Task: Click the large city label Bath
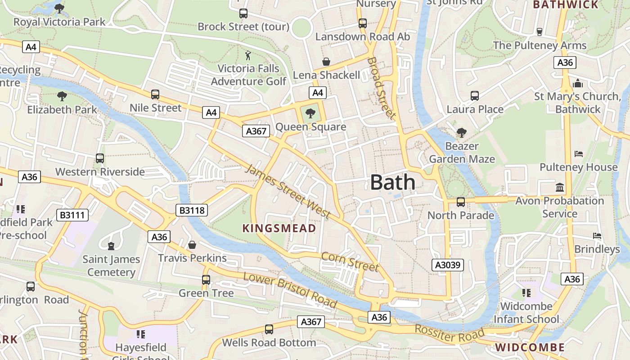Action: click(x=392, y=182)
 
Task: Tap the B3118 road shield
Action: click(x=192, y=210)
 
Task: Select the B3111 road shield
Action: click(x=72, y=215)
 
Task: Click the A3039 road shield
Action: click(x=448, y=265)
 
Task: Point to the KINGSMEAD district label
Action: click(x=279, y=228)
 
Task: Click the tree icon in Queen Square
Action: click(x=310, y=113)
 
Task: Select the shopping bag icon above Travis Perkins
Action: click(x=192, y=245)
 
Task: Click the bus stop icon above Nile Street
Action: click(x=155, y=94)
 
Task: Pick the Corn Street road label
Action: click(x=350, y=261)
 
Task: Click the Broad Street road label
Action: click(x=382, y=88)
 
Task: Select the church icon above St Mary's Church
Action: click(x=578, y=84)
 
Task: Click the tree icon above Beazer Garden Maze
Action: click(x=461, y=133)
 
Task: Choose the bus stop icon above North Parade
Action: click(x=461, y=202)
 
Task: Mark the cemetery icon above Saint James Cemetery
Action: click(x=111, y=246)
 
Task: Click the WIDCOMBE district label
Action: click(x=530, y=347)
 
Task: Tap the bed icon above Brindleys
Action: click(x=597, y=236)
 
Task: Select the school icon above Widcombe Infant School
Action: click(x=526, y=293)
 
